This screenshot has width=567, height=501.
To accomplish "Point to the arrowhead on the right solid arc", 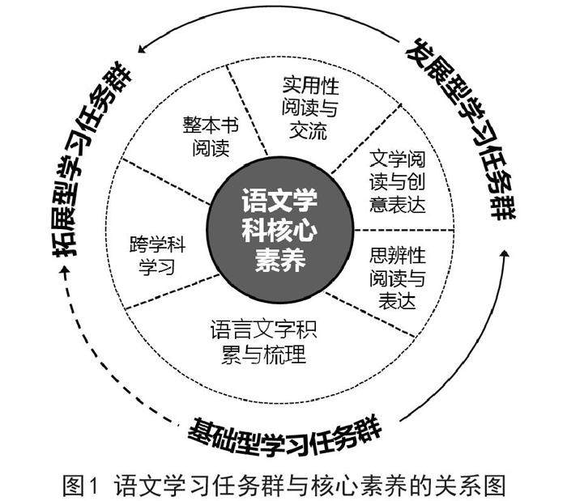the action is coord(504,257).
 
